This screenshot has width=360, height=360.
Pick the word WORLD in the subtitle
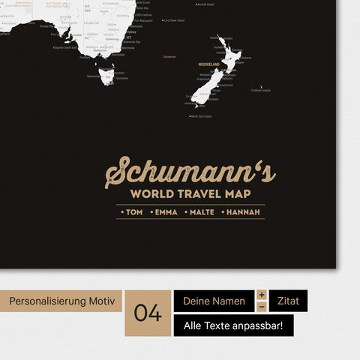(x=157, y=194)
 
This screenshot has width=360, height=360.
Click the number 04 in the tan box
(x=148, y=313)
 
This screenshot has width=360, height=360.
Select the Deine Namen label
(x=214, y=301)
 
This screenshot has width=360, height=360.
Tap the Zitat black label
(x=288, y=301)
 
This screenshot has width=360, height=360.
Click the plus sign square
(x=262, y=295)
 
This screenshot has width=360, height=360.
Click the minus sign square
(x=262, y=307)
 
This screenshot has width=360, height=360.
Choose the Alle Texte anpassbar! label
(x=233, y=325)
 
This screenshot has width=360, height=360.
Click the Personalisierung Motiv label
(x=61, y=301)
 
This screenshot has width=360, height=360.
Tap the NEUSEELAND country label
(x=209, y=64)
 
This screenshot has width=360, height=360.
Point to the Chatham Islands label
(x=260, y=90)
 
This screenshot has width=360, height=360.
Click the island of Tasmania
(x=105, y=76)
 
